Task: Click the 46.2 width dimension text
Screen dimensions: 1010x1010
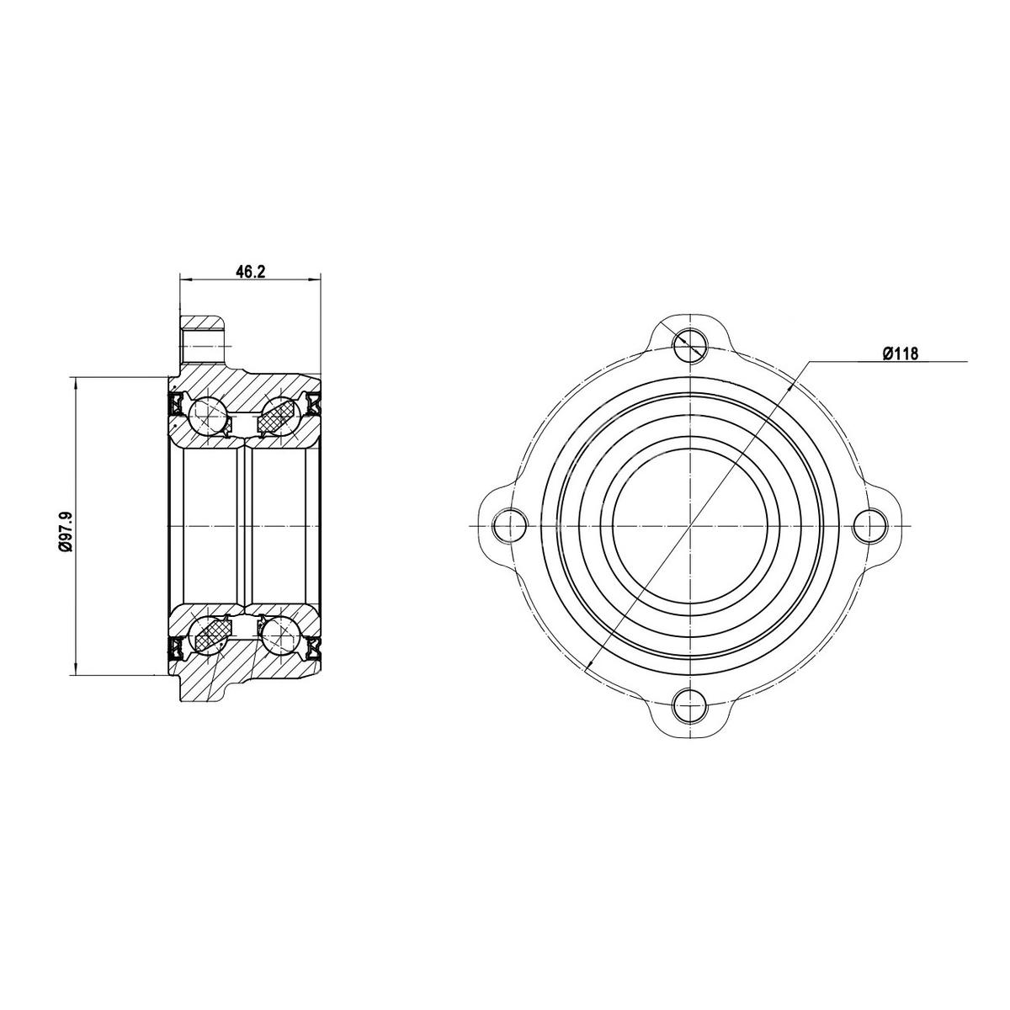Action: (251, 272)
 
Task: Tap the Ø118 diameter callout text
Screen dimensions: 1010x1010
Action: (899, 354)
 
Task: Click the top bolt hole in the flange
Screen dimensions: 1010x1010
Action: (690, 342)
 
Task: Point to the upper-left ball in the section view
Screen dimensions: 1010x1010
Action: (206, 415)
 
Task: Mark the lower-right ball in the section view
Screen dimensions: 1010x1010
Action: (279, 635)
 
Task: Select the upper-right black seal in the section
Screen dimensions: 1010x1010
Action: (315, 404)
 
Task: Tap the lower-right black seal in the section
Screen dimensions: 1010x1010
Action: (315, 647)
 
